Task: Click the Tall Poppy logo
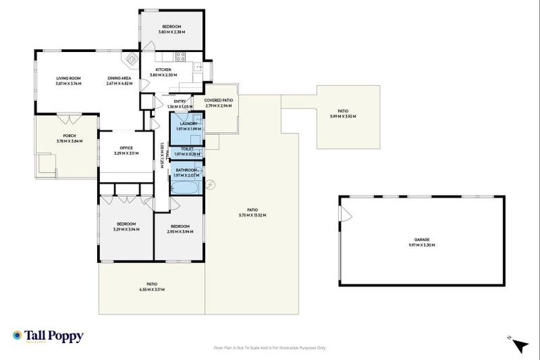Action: tap(48, 336)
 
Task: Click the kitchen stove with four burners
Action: tap(180, 57)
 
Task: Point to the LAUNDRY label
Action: tap(188, 124)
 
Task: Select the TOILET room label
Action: tap(188, 148)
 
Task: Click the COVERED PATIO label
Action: tap(219, 101)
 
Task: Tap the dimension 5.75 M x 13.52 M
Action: tap(252, 215)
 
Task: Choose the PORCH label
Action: tap(69, 136)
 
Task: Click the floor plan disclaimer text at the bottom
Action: tap(270, 347)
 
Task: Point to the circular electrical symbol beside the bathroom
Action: tap(210, 184)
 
